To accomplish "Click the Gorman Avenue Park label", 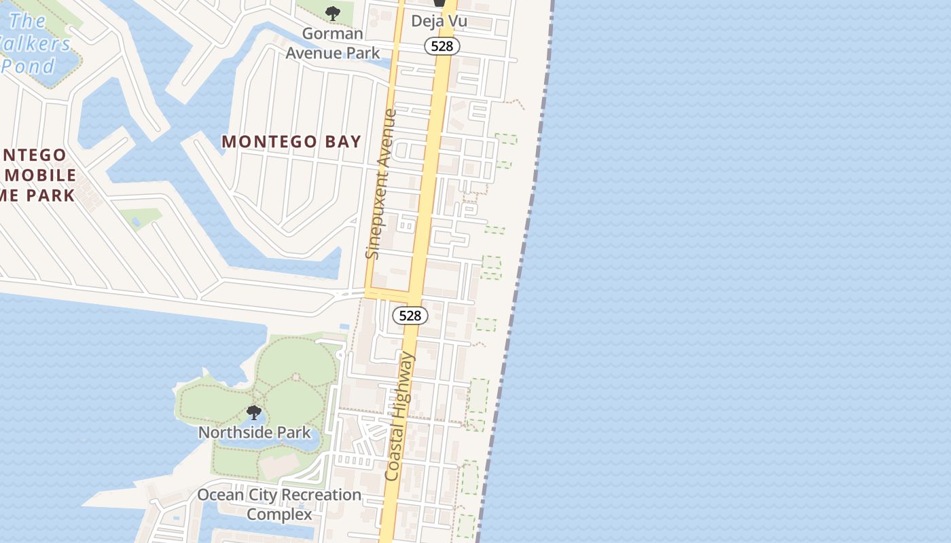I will (x=333, y=43).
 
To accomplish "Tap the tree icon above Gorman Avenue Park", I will (x=333, y=12).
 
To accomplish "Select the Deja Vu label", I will (x=439, y=21).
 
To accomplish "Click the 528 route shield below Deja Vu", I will (x=442, y=46).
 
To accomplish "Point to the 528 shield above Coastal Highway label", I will (x=410, y=316).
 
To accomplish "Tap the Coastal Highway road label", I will (x=399, y=416).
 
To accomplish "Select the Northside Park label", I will (x=254, y=432).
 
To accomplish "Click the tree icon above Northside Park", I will (x=254, y=412).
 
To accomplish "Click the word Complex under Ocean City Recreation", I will (x=279, y=514).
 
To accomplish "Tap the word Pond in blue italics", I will (x=29, y=67).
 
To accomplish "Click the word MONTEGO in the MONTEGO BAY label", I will (x=270, y=141).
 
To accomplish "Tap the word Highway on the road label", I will (x=405, y=385).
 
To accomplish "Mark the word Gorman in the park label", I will (x=333, y=33).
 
